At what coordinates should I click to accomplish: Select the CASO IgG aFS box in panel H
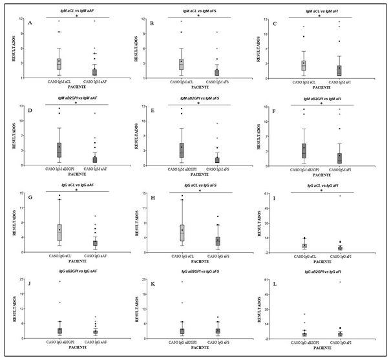click(218, 240)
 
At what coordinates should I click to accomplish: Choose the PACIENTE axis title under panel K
click(199, 349)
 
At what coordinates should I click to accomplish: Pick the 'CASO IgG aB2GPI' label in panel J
click(59, 343)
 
